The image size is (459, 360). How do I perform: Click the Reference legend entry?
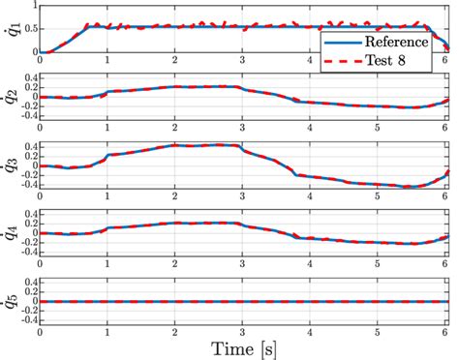click(x=391, y=43)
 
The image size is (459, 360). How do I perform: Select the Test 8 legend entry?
click(x=385, y=60)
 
